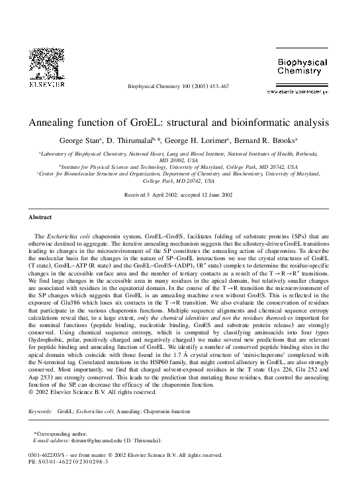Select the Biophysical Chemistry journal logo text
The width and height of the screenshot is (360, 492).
click(x=302, y=66)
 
